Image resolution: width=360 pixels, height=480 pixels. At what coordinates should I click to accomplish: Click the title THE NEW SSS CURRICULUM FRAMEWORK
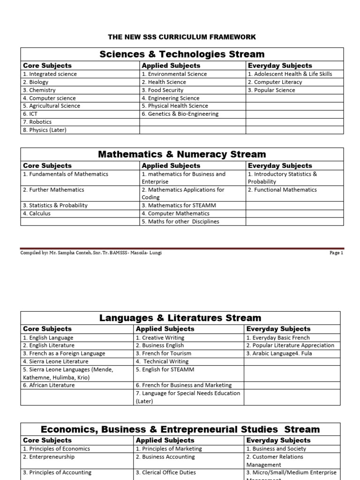pyautogui.click(x=182, y=37)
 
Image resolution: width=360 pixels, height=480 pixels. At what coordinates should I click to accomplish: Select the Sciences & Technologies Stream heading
pyautogui.click(x=182, y=54)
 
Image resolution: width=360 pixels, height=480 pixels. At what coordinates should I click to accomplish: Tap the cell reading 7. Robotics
pyautogui.click(x=37, y=122)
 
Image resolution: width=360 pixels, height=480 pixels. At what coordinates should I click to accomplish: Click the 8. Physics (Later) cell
pyautogui.click(x=45, y=130)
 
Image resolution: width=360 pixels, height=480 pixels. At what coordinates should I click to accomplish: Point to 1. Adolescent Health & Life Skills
pyautogui.click(x=290, y=74)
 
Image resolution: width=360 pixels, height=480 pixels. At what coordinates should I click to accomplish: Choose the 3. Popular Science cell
pyautogui.click(x=271, y=90)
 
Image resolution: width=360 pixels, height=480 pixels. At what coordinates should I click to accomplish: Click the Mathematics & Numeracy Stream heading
pyautogui.click(x=182, y=154)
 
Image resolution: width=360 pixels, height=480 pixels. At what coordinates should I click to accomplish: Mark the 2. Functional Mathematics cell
pyautogui.click(x=282, y=190)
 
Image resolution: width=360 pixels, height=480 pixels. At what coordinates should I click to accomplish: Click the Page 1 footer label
pyautogui.click(x=336, y=253)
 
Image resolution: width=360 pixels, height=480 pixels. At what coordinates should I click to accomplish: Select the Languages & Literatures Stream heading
pyautogui.click(x=180, y=318)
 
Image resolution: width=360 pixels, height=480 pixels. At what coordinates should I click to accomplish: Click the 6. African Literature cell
pyautogui.click(x=49, y=385)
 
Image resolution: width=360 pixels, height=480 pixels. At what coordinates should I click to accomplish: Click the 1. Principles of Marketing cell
pyautogui.click(x=169, y=449)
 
